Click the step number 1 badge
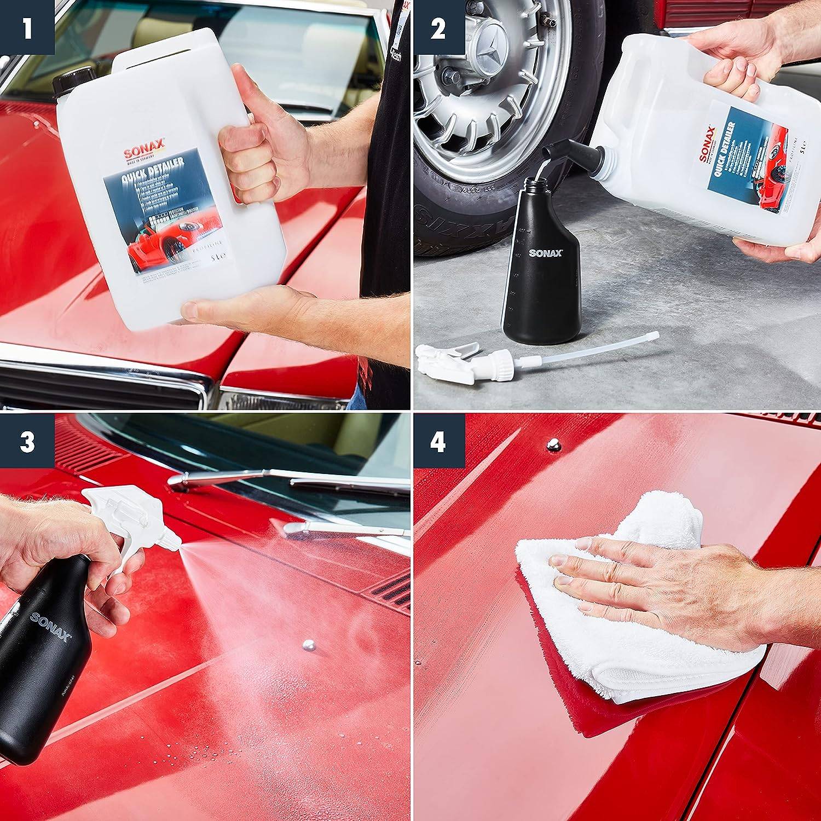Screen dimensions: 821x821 [27, 27]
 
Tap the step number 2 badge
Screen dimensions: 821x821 [437, 27]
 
